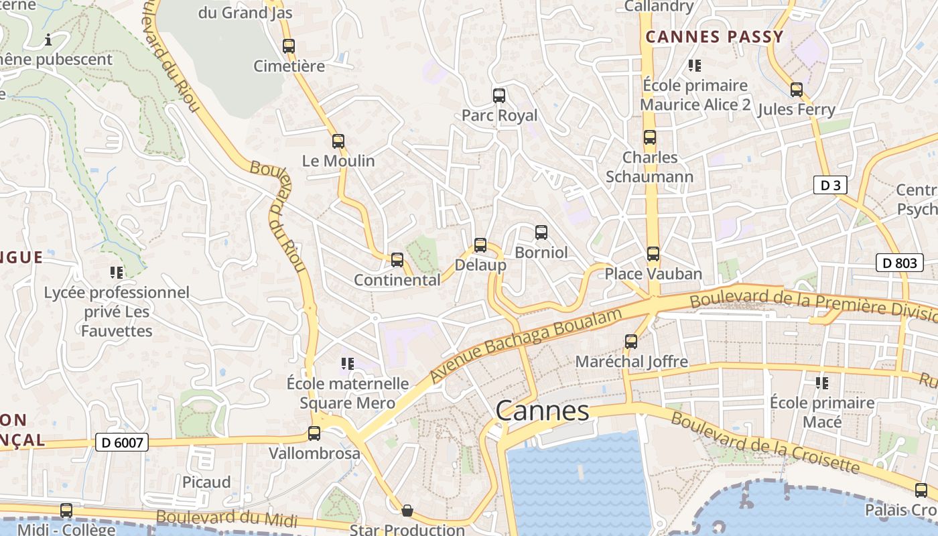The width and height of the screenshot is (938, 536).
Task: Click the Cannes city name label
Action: (x=542, y=410)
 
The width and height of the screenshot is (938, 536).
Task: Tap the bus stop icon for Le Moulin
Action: (x=338, y=141)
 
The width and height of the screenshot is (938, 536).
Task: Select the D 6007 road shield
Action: (x=121, y=442)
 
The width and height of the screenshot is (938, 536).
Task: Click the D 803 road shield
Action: (x=899, y=263)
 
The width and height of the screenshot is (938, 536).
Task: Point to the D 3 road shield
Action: (x=830, y=185)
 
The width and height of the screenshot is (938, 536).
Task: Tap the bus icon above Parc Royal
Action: (x=499, y=95)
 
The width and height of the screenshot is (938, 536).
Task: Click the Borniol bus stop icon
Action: (x=541, y=232)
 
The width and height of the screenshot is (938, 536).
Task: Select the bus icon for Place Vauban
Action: (x=653, y=254)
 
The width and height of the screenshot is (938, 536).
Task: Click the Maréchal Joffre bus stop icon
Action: (x=631, y=342)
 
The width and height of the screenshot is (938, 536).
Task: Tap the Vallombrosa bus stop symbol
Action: (x=314, y=433)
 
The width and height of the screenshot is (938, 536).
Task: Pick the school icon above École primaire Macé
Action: (x=822, y=383)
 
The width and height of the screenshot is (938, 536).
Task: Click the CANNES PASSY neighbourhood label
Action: (x=714, y=37)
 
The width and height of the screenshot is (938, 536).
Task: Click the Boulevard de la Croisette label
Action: (x=764, y=442)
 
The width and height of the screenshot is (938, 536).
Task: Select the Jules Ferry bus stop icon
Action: (x=797, y=89)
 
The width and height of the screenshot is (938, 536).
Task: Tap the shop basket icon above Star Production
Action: (x=407, y=511)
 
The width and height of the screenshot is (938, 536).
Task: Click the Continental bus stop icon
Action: (x=397, y=259)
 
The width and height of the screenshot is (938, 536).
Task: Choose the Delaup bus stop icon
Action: (x=480, y=245)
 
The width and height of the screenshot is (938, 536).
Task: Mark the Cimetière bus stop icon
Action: (x=289, y=46)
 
